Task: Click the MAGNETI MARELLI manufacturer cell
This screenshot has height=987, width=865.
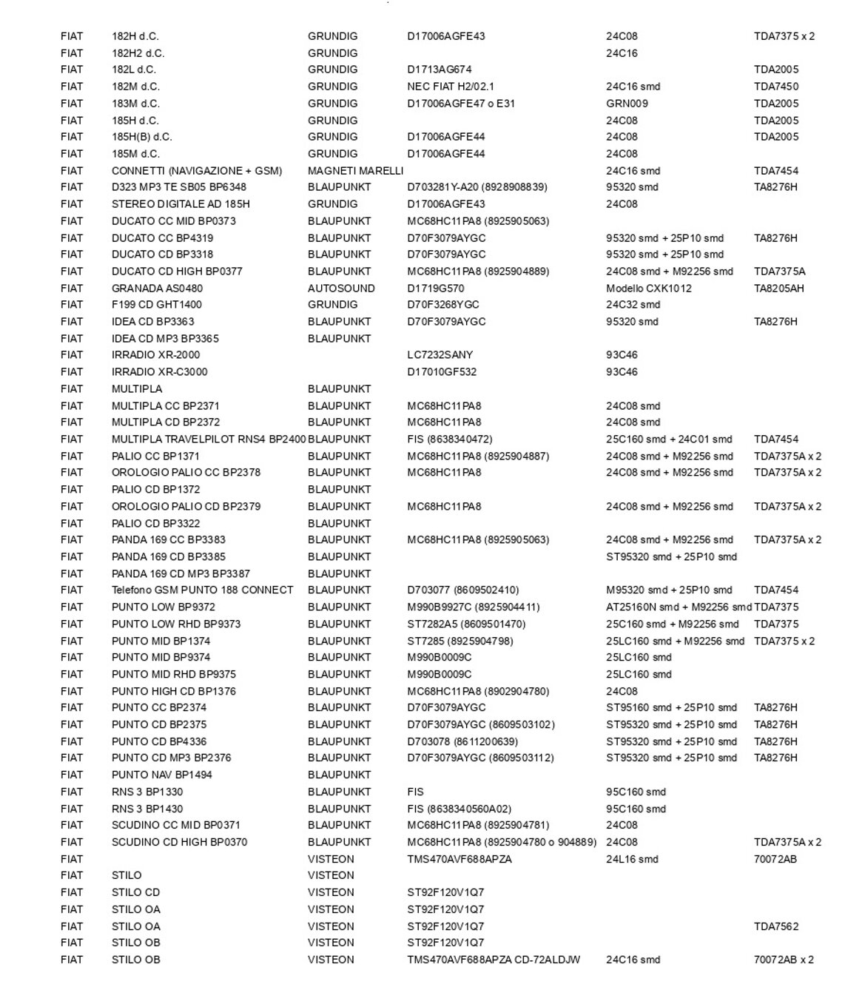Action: [355, 171]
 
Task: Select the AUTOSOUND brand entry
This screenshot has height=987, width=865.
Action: [341, 289]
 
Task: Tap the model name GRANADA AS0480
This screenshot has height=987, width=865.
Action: [157, 289]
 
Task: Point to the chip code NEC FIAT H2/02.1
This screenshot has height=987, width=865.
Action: [451, 87]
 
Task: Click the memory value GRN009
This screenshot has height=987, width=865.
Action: [627, 104]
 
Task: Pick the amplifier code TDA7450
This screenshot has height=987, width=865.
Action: [776, 87]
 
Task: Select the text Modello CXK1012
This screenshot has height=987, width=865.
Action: [648, 289]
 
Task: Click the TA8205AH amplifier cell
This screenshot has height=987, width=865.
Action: [778, 289]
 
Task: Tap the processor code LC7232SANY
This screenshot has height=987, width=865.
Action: [440, 355]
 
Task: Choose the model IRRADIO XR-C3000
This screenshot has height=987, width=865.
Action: [159, 372]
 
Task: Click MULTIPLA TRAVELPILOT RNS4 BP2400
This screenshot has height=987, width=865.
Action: [209, 439]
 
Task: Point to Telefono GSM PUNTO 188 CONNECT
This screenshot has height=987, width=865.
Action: [202, 590]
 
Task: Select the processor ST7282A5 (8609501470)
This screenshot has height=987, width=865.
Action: [466, 624]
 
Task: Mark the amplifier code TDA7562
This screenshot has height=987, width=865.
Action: [776, 926]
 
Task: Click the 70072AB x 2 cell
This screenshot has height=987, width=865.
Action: [784, 960]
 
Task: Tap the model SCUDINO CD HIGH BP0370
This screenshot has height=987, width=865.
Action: [179, 842]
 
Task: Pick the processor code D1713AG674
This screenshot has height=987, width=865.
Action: [439, 70]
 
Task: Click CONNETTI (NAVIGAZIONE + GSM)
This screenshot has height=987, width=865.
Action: [197, 171]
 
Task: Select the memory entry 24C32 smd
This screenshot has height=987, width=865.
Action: [633, 305]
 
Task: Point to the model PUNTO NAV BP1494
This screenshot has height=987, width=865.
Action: [161, 775]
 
